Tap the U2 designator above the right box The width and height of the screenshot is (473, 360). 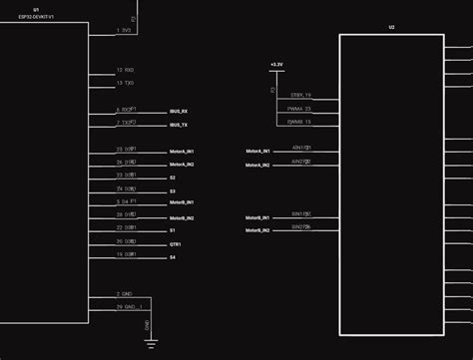pyautogui.click(x=391, y=27)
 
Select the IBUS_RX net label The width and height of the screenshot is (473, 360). pyautogui.click(x=180, y=111)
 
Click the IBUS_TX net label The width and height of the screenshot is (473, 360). pyautogui.click(x=180, y=125)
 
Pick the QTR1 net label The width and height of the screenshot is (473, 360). pyautogui.click(x=177, y=243)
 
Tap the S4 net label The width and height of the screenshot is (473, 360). pyautogui.click(x=173, y=257)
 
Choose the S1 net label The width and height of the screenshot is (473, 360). pyautogui.click(x=173, y=230)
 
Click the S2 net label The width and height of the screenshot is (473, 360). pyautogui.click(x=173, y=178)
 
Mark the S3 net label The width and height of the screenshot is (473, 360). pyautogui.click(x=173, y=190)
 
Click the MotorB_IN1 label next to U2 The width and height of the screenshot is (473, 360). pyautogui.click(x=257, y=216)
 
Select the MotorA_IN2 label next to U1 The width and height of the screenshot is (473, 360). pyautogui.click(x=182, y=164)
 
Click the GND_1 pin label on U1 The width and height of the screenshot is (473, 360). pyautogui.click(x=129, y=306)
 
